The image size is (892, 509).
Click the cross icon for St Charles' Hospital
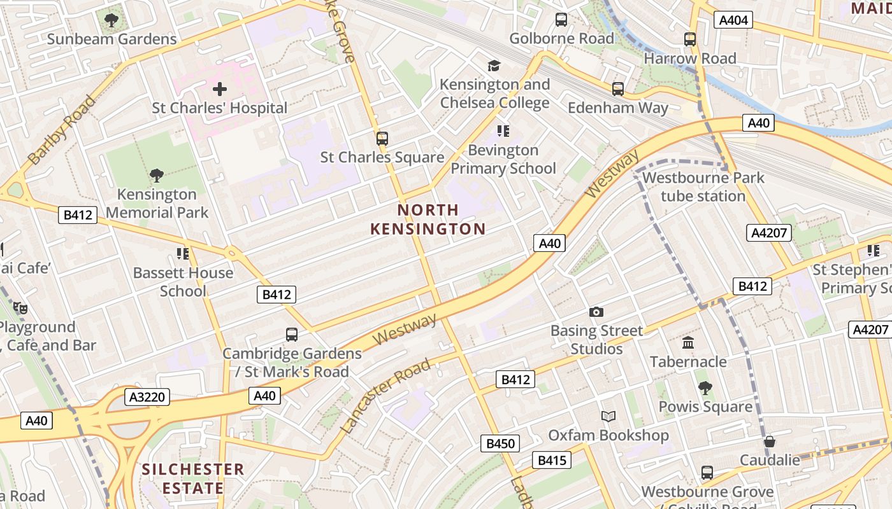coord(220,89)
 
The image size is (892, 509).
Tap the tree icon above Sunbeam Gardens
coord(111,20)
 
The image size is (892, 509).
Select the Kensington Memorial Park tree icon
coord(157,176)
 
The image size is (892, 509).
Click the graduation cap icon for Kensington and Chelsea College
coord(494,66)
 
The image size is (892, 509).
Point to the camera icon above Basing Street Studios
coord(596,312)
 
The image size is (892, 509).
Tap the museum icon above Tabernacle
coord(688,343)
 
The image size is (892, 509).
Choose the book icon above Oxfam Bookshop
coord(608,416)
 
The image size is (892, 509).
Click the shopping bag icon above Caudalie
coord(770,441)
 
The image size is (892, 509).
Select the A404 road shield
coord(733,20)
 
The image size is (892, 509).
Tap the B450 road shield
coord(500,443)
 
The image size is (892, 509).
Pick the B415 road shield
coord(552,460)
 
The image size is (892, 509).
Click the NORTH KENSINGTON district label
coord(428,220)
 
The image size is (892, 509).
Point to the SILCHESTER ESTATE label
coord(193,479)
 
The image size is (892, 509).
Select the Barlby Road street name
coord(62,130)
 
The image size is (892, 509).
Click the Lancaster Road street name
coord(386,396)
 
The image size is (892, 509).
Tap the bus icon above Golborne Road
coord(561,20)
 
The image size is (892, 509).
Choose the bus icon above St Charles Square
coord(382,138)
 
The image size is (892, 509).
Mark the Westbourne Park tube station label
coord(703,187)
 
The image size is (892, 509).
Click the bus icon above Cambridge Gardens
coord(291,335)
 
